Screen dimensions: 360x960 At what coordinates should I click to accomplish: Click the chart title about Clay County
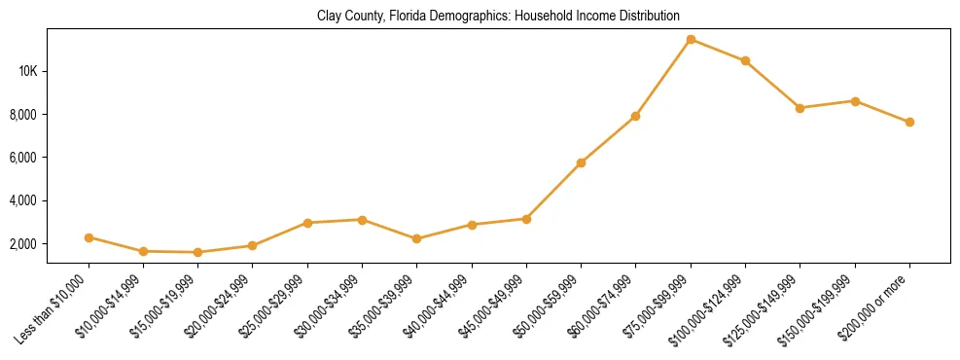(498, 17)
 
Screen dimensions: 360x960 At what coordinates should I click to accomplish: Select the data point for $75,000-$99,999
(691, 40)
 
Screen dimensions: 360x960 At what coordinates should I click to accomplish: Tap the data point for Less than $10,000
(89, 237)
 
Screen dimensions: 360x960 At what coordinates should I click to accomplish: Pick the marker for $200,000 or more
(909, 123)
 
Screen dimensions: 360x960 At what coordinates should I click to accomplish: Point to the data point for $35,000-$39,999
(417, 238)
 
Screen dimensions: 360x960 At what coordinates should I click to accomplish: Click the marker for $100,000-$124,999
(745, 61)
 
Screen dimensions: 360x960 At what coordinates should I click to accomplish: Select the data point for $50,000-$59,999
(581, 162)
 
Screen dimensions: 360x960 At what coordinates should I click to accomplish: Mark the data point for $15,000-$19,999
(198, 252)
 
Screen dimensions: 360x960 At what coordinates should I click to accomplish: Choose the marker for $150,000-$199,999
(855, 101)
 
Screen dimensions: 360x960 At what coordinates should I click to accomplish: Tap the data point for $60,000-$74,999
(635, 116)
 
